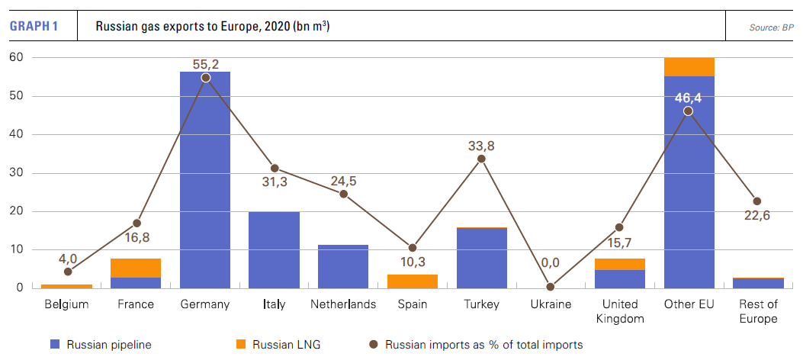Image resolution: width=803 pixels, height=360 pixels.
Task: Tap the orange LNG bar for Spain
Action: pyautogui.click(x=413, y=281)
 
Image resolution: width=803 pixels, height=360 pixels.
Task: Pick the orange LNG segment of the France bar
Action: pyautogui.click(x=136, y=268)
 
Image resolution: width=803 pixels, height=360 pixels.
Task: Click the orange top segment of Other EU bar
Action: pyautogui.click(x=689, y=66)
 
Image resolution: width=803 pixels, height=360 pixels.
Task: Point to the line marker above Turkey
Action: pyautogui.click(x=481, y=159)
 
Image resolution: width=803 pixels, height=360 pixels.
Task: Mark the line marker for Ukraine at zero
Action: pyautogui.click(x=551, y=288)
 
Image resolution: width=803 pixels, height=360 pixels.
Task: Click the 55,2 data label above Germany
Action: pyautogui.click(x=206, y=65)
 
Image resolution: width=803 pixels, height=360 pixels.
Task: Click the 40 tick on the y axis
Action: pyautogui.click(x=17, y=134)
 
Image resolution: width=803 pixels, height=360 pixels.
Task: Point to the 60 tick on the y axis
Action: pyautogui.click(x=17, y=57)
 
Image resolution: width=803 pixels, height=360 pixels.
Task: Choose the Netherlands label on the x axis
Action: pyautogui.click(x=343, y=304)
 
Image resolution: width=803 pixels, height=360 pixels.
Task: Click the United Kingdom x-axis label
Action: pyautogui.click(x=619, y=311)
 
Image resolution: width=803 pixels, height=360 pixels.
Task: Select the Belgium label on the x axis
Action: pyautogui.click(x=67, y=304)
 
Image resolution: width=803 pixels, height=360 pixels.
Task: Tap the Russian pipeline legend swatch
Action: pyautogui.click(x=53, y=345)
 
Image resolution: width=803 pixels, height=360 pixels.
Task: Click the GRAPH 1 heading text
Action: pyautogui.click(x=34, y=27)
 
